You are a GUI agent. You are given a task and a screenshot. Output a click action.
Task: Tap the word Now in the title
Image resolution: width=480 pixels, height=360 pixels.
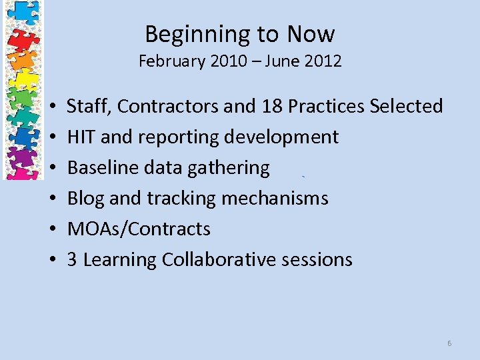click(312, 33)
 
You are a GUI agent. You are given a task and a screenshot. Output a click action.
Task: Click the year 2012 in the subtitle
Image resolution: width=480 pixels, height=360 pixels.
click(323, 62)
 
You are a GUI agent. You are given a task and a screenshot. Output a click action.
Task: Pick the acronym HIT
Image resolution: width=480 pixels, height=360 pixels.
click(81, 137)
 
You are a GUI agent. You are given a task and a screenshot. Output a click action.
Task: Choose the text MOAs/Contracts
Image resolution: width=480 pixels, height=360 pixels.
click(139, 229)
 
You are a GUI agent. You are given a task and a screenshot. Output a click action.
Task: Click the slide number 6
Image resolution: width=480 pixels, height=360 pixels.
click(449, 343)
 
